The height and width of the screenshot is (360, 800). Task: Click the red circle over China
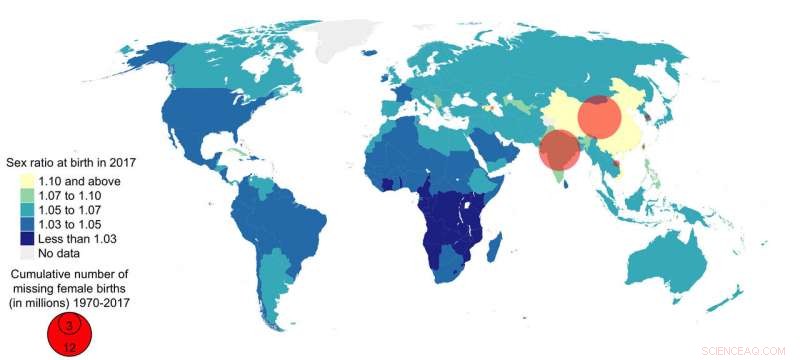600,118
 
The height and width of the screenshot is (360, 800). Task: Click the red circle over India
559,150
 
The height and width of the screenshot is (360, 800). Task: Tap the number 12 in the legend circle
68,347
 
